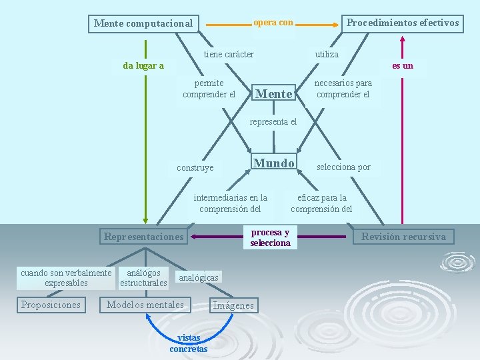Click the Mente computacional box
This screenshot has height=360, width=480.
tap(143, 23)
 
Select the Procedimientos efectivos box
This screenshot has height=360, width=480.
tap(403, 23)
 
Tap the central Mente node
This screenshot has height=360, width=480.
tap(274, 94)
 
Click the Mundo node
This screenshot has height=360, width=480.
tap(274, 163)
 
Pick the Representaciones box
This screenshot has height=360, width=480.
tap(143, 236)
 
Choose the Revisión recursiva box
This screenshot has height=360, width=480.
tap(404, 236)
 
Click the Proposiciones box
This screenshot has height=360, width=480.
tap(51, 305)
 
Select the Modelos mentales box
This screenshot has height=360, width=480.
tap(145, 305)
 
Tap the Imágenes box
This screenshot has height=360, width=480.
tap(233, 305)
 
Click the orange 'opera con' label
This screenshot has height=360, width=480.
tap(273, 23)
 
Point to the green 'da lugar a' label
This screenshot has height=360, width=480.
tap(143, 65)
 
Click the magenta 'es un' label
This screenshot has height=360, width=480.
tap(403, 65)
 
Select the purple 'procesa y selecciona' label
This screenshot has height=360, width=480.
tap(270, 237)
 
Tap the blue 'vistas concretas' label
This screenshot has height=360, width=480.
tap(188, 343)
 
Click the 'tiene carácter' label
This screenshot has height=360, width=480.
tap(229, 54)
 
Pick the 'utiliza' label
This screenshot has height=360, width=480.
tap(327, 54)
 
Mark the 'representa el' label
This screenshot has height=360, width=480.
tap(273, 121)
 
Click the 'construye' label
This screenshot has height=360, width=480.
tap(195, 168)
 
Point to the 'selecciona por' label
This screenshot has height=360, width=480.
tap(343, 167)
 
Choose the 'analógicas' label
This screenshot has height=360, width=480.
tap(199, 277)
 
